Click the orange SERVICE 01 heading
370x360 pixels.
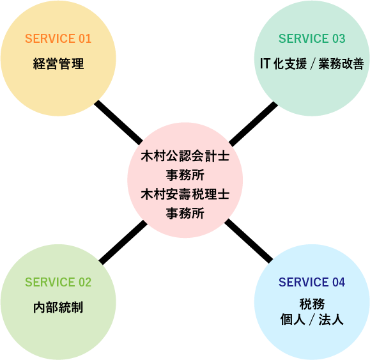[x=58, y=38]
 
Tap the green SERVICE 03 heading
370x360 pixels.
[x=312, y=38]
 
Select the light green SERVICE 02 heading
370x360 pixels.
[x=58, y=282]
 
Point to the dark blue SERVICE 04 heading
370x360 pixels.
[x=312, y=282]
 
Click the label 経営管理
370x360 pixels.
[x=58, y=64]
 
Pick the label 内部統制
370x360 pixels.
[x=58, y=308]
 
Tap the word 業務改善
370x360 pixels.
[x=341, y=64]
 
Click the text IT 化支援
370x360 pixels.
[x=283, y=64]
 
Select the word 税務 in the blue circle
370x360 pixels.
[x=312, y=304]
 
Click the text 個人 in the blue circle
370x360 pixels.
[x=293, y=320]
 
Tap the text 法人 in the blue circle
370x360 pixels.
[x=331, y=320]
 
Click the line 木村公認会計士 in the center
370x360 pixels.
[x=185, y=156]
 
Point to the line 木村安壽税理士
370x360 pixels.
[x=185, y=194]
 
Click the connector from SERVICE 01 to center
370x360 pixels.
[x=118, y=123]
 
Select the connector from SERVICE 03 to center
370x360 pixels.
[x=253, y=124]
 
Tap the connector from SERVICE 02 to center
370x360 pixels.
[x=123, y=242]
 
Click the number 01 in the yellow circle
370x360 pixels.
[x=85, y=38]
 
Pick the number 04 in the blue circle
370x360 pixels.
[x=339, y=282]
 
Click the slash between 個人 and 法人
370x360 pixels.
[x=312, y=320]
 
